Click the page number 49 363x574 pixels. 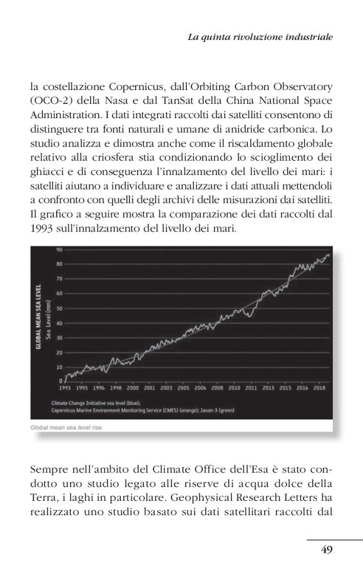pyautogui.click(x=326, y=550)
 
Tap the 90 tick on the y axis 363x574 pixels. pyautogui.click(x=60, y=249)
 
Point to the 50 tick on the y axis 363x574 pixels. pyautogui.click(x=60, y=308)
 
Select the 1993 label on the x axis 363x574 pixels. pyautogui.click(x=64, y=388)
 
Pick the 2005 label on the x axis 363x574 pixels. pyautogui.click(x=183, y=388)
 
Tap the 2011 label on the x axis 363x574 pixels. pyautogui.click(x=251, y=388)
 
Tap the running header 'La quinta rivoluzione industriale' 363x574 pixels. pyautogui.click(x=260, y=37)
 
